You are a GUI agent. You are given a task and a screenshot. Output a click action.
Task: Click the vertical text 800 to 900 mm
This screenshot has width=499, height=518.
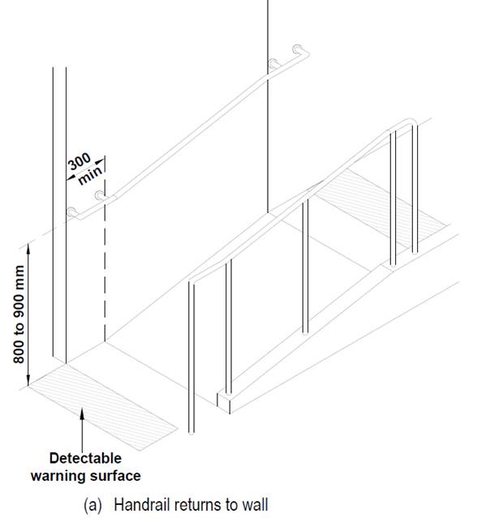[x=19, y=313]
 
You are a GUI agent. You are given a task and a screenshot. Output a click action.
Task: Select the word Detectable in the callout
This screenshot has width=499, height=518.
[x=85, y=459]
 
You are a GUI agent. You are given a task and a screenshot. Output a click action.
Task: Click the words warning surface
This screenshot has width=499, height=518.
[x=85, y=475]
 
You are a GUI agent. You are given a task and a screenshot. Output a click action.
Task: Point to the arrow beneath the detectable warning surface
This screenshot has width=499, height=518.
[x=84, y=429]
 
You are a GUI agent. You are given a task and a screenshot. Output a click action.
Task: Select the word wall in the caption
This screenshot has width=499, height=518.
[x=254, y=504]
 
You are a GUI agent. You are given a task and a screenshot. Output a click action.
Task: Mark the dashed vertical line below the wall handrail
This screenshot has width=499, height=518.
[x=105, y=268]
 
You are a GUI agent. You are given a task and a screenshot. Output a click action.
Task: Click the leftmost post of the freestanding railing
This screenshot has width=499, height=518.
[x=191, y=357]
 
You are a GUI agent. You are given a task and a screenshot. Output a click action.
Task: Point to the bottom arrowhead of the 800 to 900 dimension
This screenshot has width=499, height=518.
[x=30, y=382]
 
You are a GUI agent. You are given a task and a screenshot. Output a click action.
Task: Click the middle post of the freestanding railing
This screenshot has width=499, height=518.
[x=305, y=268]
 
